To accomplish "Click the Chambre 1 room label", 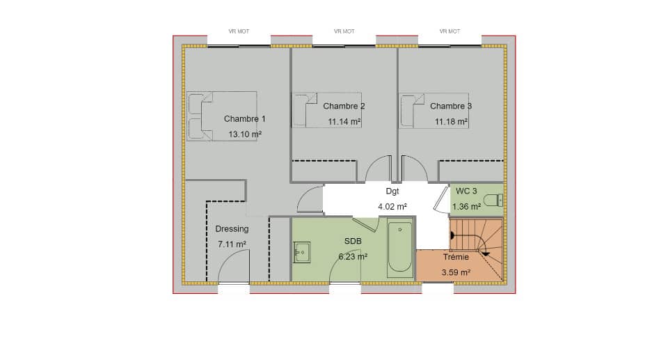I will click(x=244, y=119).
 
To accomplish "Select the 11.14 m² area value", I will click(x=344, y=121).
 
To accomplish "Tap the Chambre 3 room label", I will click(x=450, y=106).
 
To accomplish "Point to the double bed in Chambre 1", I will click(x=221, y=116).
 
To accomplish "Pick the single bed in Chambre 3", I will click(x=433, y=111).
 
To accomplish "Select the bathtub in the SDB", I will click(x=399, y=249).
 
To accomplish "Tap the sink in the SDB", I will click(x=303, y=252).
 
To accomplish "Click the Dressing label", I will click(x=232, y=228).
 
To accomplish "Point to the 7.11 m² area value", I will click(x=232, y=244).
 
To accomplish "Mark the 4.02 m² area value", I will click(x=392, y=206).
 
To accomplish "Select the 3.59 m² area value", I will click(x=456, y=272).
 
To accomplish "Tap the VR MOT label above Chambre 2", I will click(x=344, y=31).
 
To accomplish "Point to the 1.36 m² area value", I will click(x=466, y=206).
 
